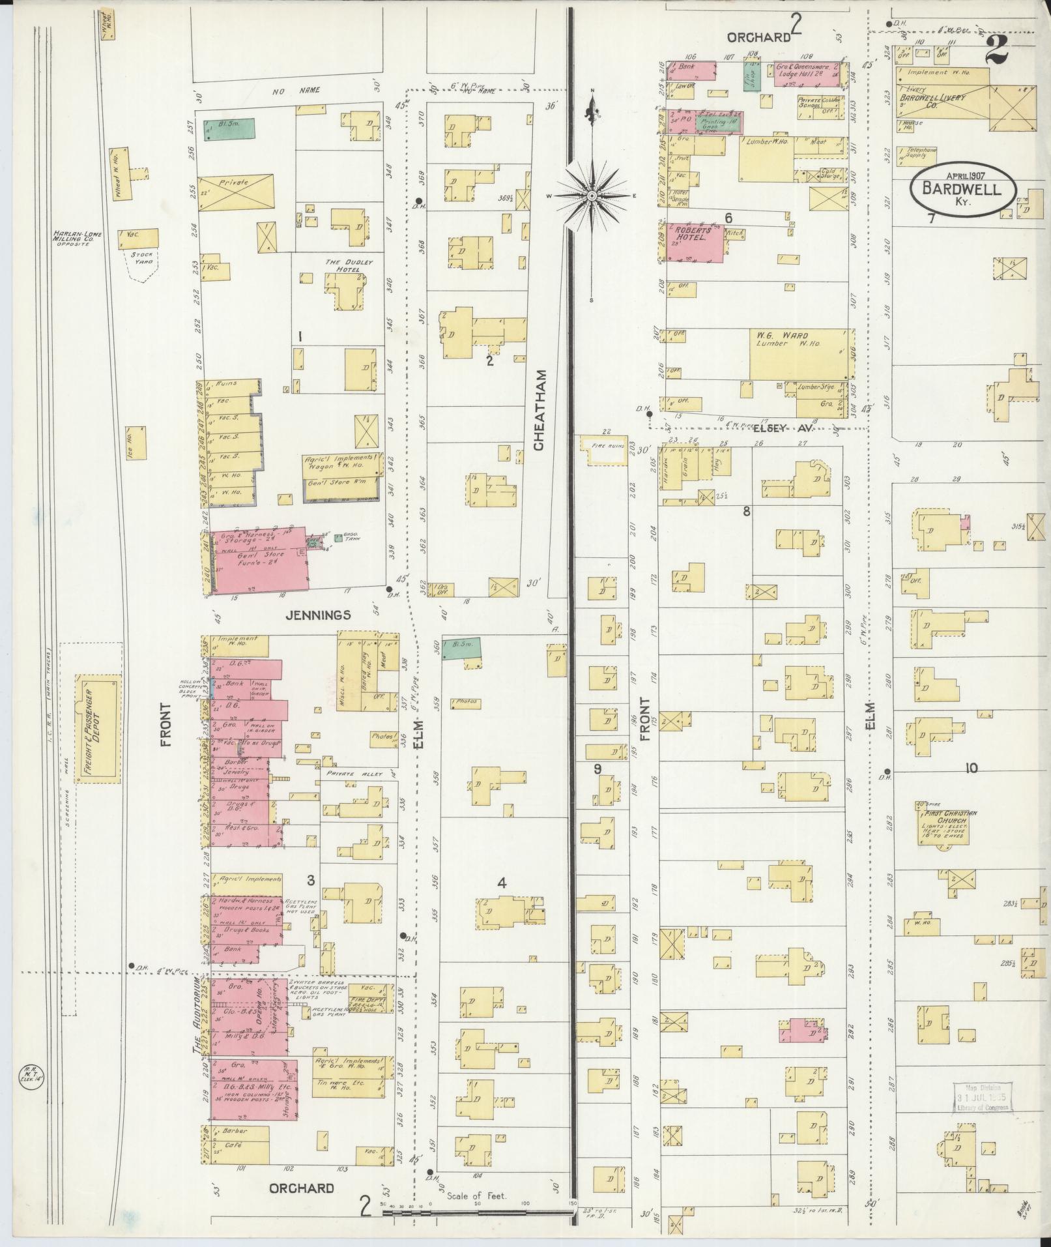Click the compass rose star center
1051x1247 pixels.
click(x=592, y=196)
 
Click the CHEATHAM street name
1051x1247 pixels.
click(x=538, y=410)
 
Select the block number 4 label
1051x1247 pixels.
click(x=502, y=883)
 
